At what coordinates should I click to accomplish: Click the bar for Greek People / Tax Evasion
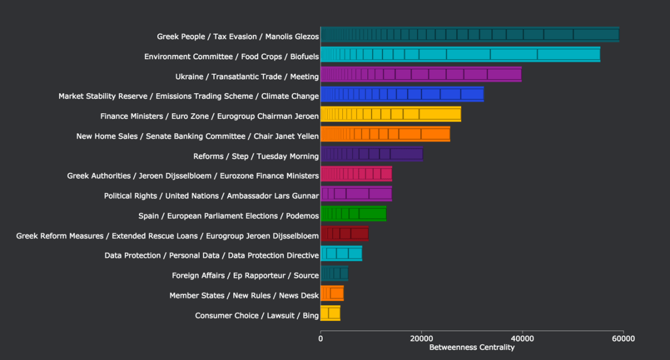(470, 35)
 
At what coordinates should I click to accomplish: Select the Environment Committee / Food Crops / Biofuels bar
(460, 54)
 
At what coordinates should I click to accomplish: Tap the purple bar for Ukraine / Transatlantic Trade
(421, 74)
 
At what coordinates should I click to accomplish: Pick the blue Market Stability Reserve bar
(402, 94)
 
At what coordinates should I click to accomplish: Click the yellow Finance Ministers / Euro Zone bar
(390, 114)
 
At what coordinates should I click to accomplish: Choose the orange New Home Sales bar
(385, 134)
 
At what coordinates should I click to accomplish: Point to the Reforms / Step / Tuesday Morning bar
(372, 154)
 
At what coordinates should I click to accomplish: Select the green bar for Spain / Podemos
(353, 213)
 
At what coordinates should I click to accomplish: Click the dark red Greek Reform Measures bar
(344, 233)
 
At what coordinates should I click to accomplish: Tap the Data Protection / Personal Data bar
(341, 253)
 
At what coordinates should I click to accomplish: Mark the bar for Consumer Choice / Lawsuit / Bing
(330, 314)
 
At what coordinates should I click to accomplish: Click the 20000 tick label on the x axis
(421, 338)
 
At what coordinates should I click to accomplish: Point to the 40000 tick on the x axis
(522, 338)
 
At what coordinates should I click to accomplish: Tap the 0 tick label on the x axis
(321, 338)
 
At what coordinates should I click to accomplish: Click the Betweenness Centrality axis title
(471, 348)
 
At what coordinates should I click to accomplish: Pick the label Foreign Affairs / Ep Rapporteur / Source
(245, 275)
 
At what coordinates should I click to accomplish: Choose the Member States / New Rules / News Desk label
(244, 295)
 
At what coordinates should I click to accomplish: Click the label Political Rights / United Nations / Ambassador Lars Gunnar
(211, 196)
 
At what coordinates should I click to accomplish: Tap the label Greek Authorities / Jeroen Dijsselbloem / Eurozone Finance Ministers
(192, 176)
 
